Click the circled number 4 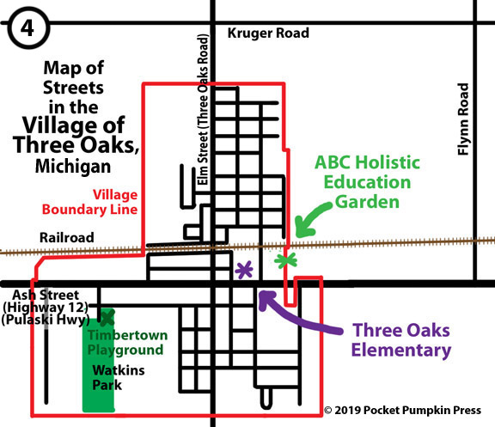(27, 27)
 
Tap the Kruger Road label (268, 34)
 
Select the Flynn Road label (463, 119)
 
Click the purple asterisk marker (244, 270)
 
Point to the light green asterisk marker (285, 260)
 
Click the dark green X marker (107, 318)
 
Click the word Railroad (67, 238)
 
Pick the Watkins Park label (119, 377)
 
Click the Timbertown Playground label (127, 343)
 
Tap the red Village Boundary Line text (89, 202)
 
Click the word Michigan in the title (73, 166)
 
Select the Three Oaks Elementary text (401, 340)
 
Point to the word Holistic (389, 162)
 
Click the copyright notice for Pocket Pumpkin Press (403, 410)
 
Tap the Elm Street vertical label (203, 109)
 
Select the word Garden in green (367, 202)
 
